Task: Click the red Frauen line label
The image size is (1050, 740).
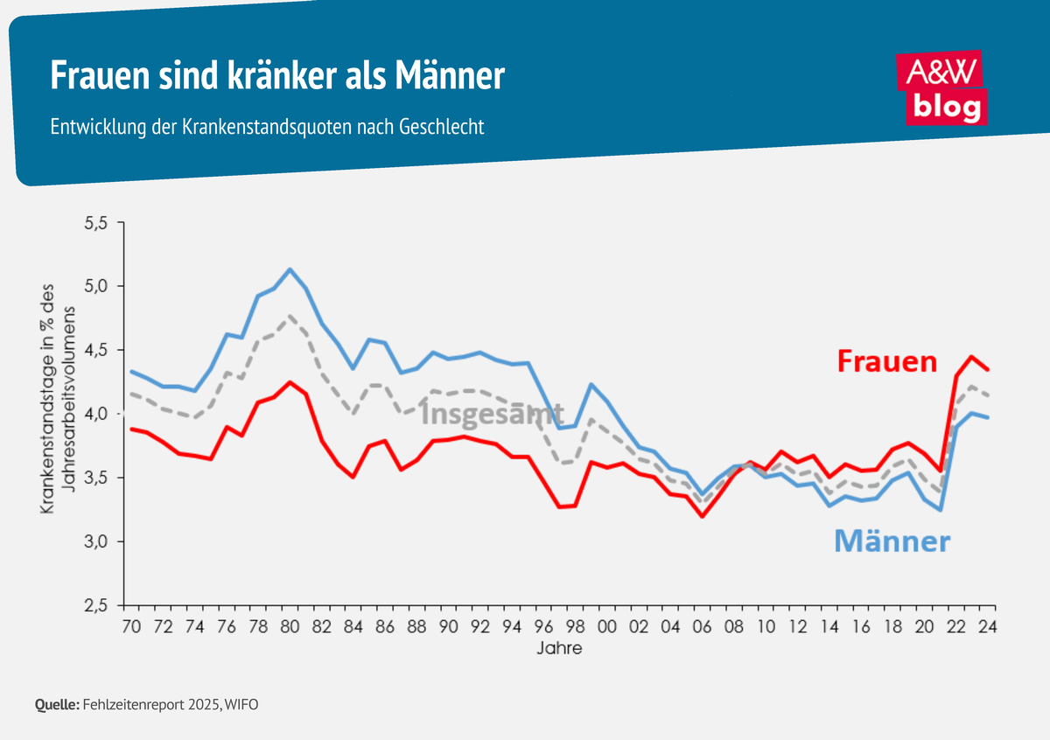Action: point(886,361)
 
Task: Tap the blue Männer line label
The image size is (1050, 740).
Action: point(892,541)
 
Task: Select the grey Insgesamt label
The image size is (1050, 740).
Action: point(492,413)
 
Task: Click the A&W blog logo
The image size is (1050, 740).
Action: point(942,87)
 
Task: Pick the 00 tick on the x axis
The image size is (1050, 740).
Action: point(605,626)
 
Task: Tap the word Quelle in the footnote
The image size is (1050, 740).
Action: point(57,703)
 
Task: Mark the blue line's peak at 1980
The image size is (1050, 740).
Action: point(290,269)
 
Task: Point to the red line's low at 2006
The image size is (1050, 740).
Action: point(702,516)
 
